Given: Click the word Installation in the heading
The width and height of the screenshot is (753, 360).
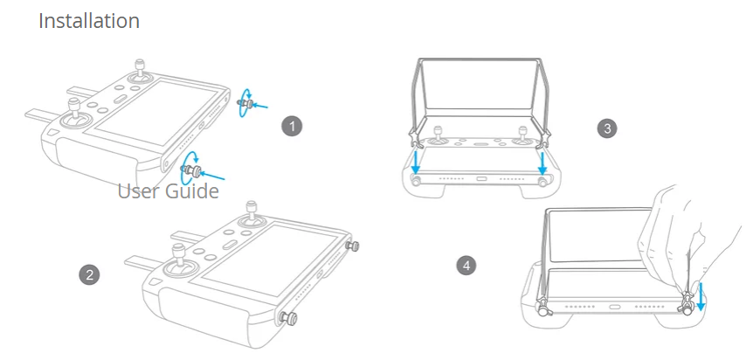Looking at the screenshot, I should [x=89, y=21].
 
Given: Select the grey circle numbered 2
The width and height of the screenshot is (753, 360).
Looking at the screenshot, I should [x=88, y=274].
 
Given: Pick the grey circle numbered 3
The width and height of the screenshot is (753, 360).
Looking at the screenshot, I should [x=606, y=128].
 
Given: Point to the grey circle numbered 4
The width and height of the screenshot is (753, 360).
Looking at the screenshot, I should [x=466, y=264].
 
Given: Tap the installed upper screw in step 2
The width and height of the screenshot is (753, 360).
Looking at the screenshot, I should [x=353, y=246].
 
